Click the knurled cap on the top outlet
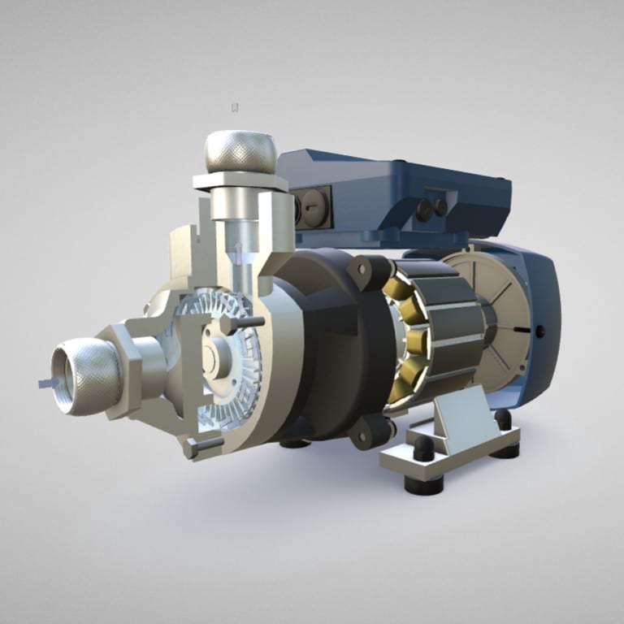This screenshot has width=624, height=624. point(240,152)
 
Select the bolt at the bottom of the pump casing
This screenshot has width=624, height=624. point(204,446)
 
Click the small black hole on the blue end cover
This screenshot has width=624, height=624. point(539,330)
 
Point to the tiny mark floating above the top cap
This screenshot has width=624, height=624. point(236,107)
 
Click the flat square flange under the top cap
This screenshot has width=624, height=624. point(240,181)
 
